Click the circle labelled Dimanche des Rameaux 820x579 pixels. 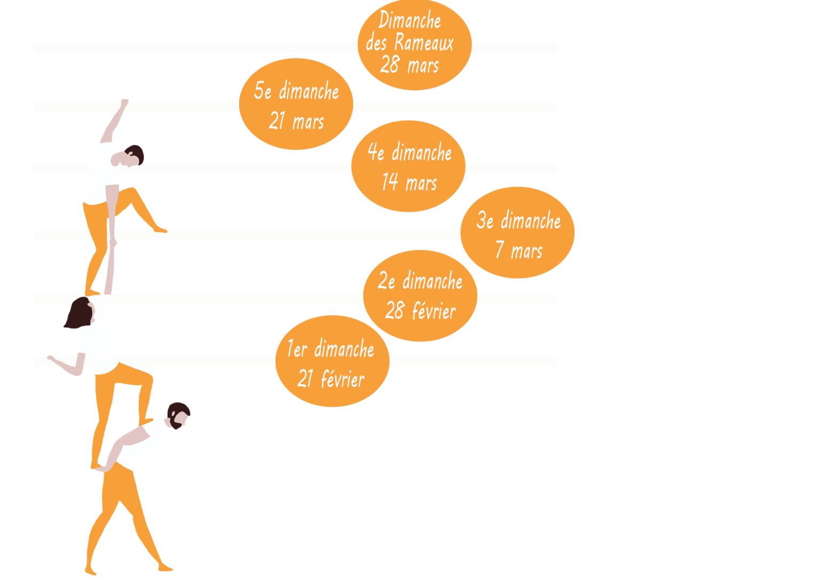click(x=414, y=45)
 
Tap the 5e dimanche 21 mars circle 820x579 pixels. click(x=296, y=105)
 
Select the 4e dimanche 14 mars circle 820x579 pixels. click(x=408, y=166)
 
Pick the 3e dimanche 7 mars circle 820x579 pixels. click(x=517, y=233)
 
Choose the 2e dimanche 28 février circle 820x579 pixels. click(x=420, y=296)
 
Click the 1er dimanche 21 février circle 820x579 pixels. click(x=332, y=361)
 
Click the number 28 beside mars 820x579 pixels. click(x=390, y=65)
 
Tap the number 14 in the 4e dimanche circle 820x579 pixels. click(x=390, y=183)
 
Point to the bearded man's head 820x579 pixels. click(x=179, y=414)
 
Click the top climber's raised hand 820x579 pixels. click(x=124, y=102)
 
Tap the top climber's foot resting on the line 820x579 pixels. click(x=160, y=230)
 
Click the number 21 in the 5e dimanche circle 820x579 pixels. click(x=277, y=122)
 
